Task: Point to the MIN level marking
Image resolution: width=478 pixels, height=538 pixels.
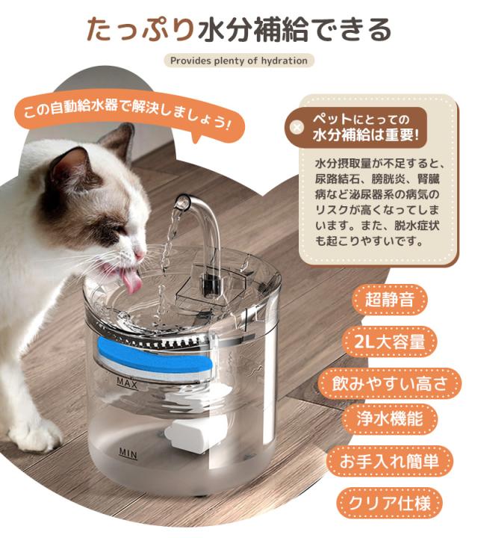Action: coord(128,452)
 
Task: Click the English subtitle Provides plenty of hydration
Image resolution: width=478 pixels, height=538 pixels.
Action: coord(238,61)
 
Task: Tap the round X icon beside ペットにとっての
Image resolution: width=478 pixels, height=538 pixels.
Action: coord(297,127)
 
